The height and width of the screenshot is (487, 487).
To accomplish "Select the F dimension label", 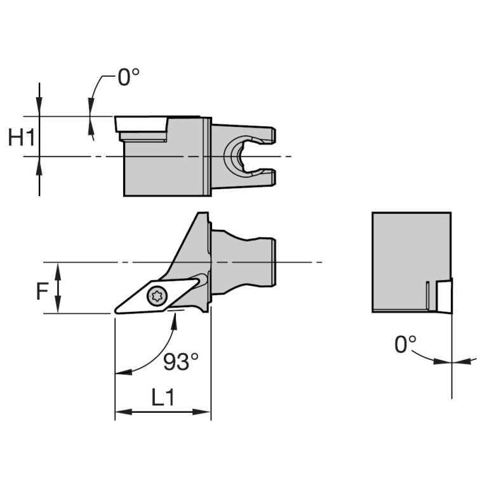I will [x=42, y=291].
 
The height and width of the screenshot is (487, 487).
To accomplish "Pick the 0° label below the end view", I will [x=406, y=345].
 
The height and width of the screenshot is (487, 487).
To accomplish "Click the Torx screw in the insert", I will [x=156, y=295].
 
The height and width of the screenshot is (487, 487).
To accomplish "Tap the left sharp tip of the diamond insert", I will [x=117, y=310].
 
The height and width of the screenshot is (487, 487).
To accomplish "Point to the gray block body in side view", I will [x=165, y=168].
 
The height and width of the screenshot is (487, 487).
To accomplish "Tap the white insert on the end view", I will [x=444, y=296].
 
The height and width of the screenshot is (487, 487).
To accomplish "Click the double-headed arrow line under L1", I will [x=163, y=412].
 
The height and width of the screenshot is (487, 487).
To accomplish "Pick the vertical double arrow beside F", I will [x=58, y=289].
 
